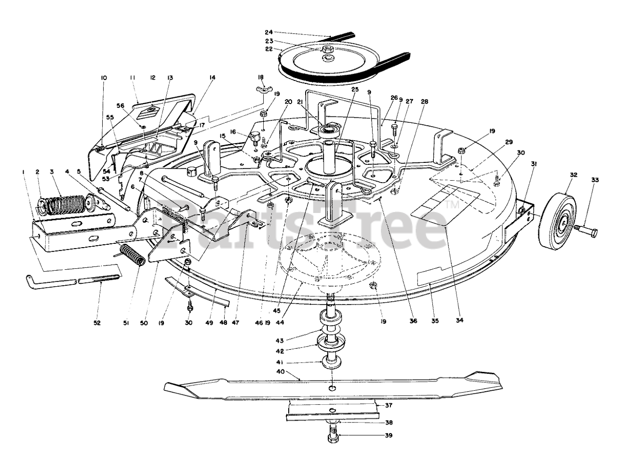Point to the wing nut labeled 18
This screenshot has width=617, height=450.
pos(261,90)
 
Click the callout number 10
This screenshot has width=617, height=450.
pos(103,78)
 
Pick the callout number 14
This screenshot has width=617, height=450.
pos(213,78)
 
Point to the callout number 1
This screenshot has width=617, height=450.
pos(24,171)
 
